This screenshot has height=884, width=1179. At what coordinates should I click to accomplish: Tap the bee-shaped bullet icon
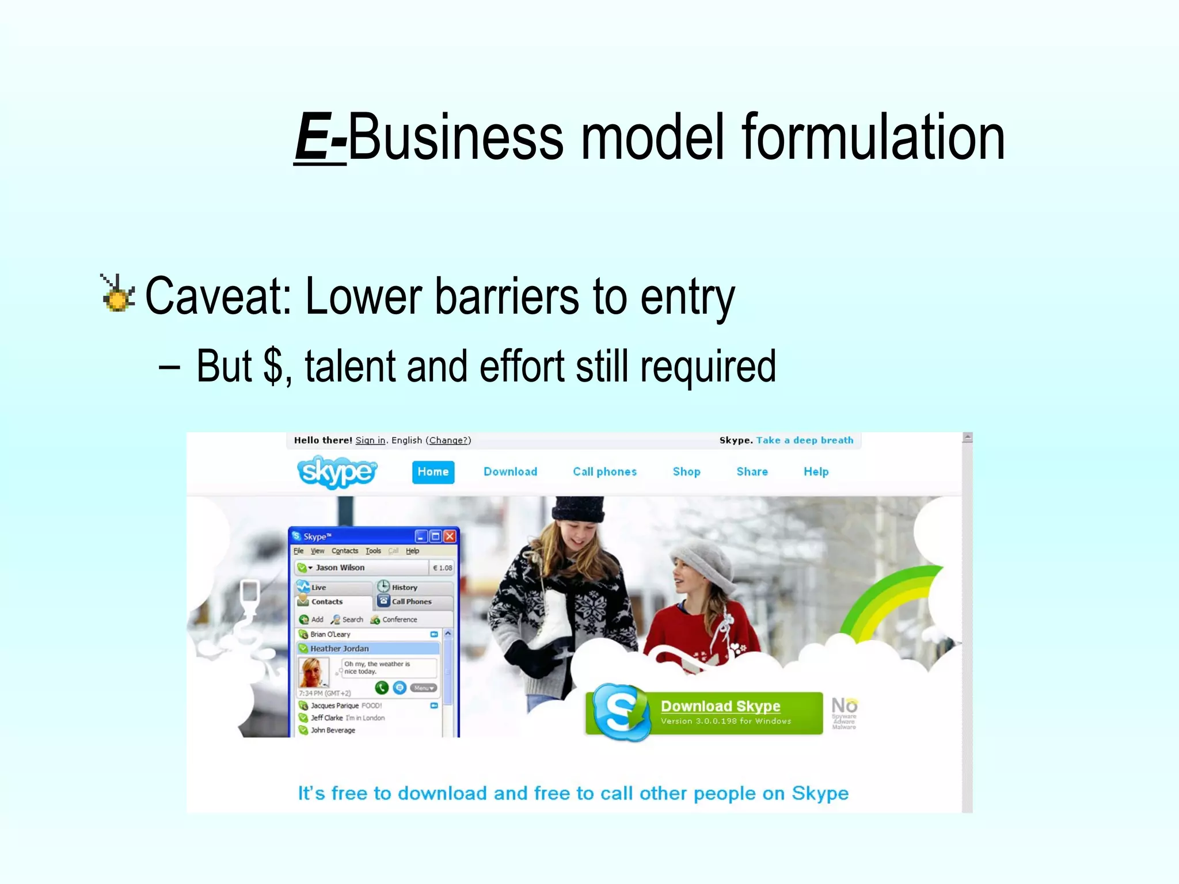pyautogui.click(x=118, y=294)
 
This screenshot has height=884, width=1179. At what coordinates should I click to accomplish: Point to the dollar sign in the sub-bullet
pyautogui.click(x=273, y=366)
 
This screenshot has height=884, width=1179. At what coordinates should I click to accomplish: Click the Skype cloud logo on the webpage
pyautogui.click(x=337, y=472)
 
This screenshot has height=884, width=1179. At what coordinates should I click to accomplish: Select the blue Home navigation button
pyautogui.click(x=433, y=472)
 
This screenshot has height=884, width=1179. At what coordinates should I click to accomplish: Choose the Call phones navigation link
pyautogui.click(x=604, y=472)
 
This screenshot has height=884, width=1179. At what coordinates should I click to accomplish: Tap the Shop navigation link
pyautogui.click(x=686, y=472)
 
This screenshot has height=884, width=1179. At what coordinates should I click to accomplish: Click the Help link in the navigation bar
pyautogui.click(x=816, y=472)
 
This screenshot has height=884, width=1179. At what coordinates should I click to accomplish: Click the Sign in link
pyautogui.click(x=370, y=440)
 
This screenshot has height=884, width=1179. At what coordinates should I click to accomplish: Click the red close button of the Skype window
pyautogui.click(x=450, y=536)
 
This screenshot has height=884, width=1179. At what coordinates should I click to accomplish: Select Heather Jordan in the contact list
pyautogui.click(x=340, y=649)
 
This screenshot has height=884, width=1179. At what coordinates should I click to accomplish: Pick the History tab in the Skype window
pyautogui.click(x=404, y=588)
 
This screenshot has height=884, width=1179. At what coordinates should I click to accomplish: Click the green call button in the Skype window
pyautogui.click(x=381, y=687)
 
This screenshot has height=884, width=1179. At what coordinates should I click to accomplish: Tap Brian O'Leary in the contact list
pyautogui.click(x=330, y=634)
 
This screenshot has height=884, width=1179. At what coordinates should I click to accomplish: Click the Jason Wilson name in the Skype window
pyautogui.click(x=340, y=567)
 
